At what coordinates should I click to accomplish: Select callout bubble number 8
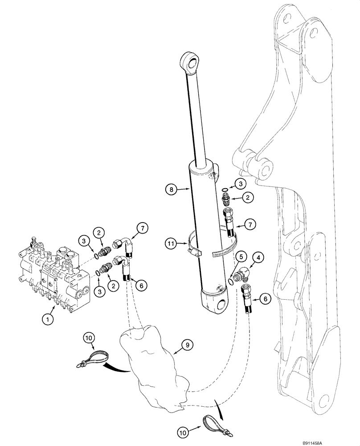[x=171, y=189]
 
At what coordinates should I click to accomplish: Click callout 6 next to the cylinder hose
[x=265, y=300]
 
